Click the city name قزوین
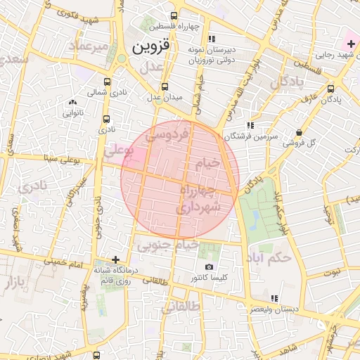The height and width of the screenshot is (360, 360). (x=150, y=47)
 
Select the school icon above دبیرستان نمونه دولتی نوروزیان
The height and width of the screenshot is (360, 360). (x=212, y=39)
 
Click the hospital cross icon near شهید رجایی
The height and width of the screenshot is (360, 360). (x=351, y=44)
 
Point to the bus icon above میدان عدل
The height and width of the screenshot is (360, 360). (x=165, y=86)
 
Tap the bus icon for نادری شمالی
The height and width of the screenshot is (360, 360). (x=107, y=82)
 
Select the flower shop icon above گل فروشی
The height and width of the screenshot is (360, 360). (x=299, y=131)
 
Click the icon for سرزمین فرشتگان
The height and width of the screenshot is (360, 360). (x=250, y=124)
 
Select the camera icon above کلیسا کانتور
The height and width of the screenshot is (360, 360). (x=209, y=267)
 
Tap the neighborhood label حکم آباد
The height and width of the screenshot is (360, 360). (x=268, y=257)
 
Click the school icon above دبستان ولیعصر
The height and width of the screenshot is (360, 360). (x=274, y=298)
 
